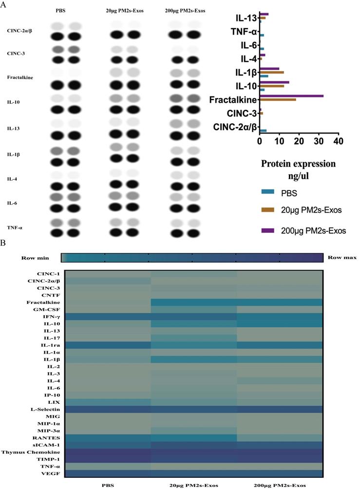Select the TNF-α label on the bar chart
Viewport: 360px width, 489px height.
tap(244, 32)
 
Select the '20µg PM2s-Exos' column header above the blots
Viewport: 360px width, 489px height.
tap(124, 10)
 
